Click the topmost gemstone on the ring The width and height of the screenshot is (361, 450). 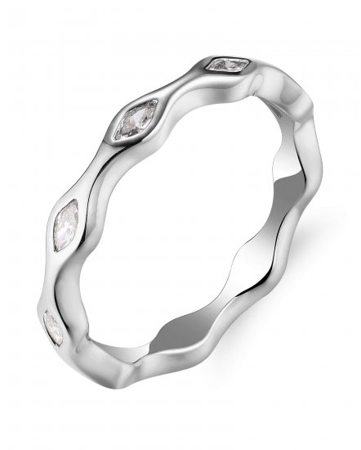point(228,63)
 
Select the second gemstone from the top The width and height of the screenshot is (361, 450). point(135,120)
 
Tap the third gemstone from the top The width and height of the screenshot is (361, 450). point(65,225)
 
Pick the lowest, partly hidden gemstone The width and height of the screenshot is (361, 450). point(51,326)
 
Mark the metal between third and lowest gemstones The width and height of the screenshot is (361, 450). point(51,278)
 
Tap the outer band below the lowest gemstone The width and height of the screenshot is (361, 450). point(74,368)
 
